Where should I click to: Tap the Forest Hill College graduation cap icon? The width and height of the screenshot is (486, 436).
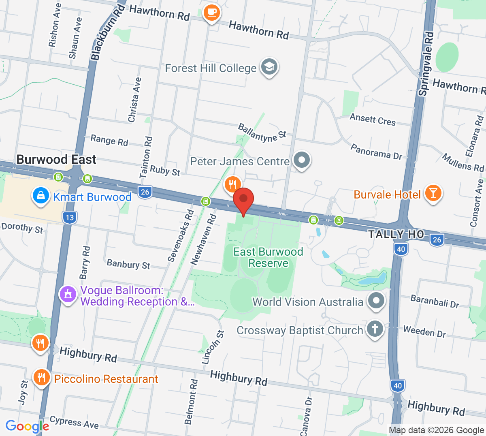pyautogui.click(x=269, y=67)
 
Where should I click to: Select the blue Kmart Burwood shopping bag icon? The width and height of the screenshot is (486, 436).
pyautogui.click(x=40, y=196)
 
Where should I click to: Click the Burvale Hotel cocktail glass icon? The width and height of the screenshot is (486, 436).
pyautogui.click(x=433, y=193)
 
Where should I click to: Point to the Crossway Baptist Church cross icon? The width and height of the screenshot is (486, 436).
pyautogui.click(x=375, y=329)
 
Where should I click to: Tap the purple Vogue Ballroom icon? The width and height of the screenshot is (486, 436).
pyautogui.click(x=68, y=294)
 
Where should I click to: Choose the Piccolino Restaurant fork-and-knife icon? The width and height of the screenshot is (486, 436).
pyautogui.click(x=41, y=378)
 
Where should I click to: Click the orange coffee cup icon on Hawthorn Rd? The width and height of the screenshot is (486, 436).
pyautogui.click(x=211, y=12)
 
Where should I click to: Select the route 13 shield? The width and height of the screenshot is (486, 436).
pyautogui.click(x=70, y=218)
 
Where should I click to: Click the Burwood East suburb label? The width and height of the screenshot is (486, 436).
pyautogui.click(x=56, y=160)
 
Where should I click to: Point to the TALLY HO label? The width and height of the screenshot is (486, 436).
pyautogui.click(x=396, y=234)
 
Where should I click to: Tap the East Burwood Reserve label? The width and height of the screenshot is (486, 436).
pyautogui.click(x=268, y=257)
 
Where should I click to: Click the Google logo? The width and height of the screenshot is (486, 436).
pyautogui.click(x=27, y=426)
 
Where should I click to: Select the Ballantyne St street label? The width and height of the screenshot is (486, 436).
pyautogui.click(x=262, y=133)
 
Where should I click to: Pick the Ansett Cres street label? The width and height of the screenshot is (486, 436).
pyautogui.click(x=372, y=120)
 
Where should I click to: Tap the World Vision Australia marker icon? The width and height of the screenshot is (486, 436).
pyautogui.click(x=376, y=301)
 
